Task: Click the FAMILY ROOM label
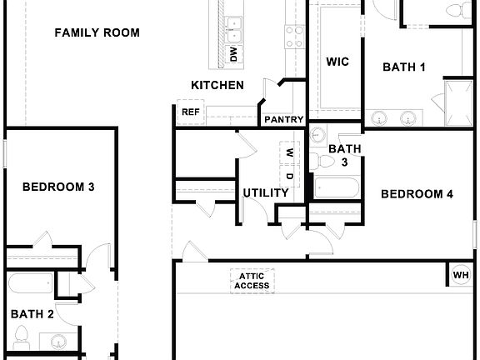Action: (x=97, y=33)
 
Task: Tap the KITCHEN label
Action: (x=217, y=85)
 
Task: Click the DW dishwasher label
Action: (x=233, y=55)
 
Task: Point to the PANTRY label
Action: (x=283, y=120)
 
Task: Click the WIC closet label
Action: (x=337, y=62)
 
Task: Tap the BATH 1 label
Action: (x=404, y=67)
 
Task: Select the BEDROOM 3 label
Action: (x=57, y=187)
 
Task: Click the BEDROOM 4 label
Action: (x=417, y=194)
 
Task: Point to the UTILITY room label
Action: (x=265, y=193)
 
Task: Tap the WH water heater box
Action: (x=460, y=275)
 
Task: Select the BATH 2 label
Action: (x=32, y=314)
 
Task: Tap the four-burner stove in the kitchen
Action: (x=295, y=36)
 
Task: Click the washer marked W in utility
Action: (x=289, y=153)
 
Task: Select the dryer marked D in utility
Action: (x=289, y=177)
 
